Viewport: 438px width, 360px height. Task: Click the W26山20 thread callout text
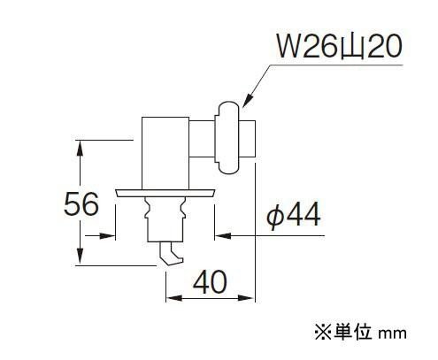(x=339, y=47)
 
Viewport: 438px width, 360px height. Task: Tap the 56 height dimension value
(x=81, y=203)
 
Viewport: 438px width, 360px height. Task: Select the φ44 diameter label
(x=294, y=214)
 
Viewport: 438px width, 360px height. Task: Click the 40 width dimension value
(x=210, y=282)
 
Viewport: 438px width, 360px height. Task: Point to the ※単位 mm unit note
(x=360, y=333)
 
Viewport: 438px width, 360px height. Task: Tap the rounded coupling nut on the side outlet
(x=227, y=138)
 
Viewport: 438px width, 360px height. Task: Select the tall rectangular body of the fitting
(x=165, y=153)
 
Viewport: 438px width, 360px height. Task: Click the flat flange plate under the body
(x=165, y=193)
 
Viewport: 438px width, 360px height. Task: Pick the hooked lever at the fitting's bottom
(x=171, y=254)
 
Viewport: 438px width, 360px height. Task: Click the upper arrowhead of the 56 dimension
(x=80, y=148)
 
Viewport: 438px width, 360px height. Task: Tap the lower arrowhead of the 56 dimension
(x=80, y=257)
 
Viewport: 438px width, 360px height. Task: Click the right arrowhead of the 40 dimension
(x=246, y=298)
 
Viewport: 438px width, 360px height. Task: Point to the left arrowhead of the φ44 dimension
(x=107, y=236)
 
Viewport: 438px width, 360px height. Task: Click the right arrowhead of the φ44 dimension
(x=223, y=236)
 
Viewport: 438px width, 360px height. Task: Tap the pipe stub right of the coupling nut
(x=247, y=139)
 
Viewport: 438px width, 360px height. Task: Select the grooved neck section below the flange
(x=165, y=219)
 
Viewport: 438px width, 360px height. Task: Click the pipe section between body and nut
(x=202, y=139)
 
